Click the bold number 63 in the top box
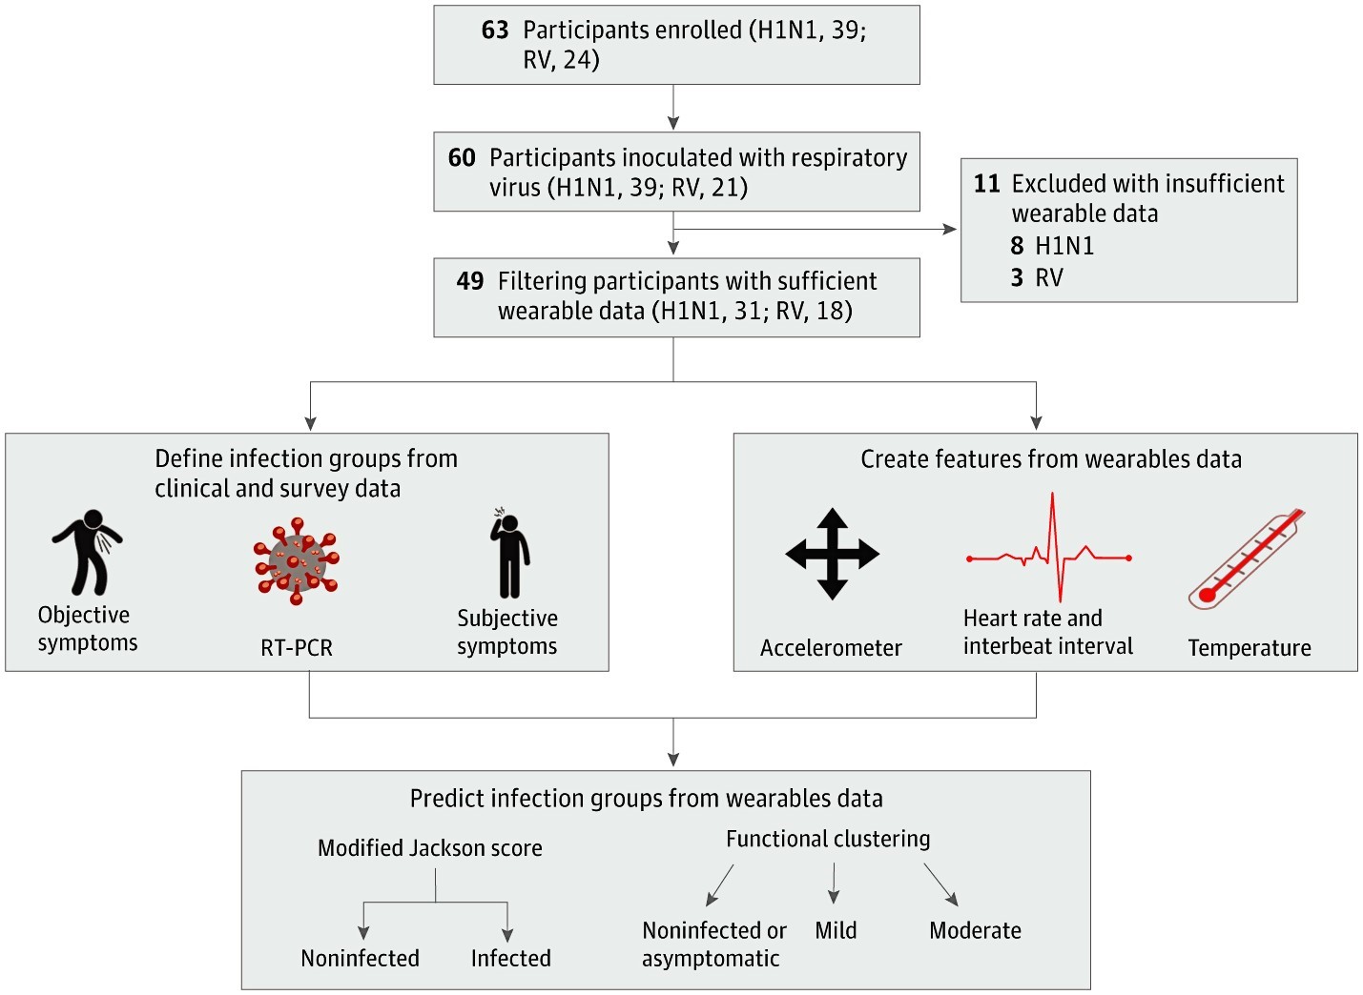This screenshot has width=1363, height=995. (495, 30)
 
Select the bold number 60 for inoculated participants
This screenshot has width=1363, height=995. (462, 158)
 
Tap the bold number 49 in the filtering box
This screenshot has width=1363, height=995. (469, 281)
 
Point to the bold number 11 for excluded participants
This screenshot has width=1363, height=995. (986, 184)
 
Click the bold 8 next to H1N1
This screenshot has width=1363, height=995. (1017, 246)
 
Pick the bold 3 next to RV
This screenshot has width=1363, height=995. (1017, 277)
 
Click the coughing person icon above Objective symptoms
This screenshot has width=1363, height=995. (88, 552)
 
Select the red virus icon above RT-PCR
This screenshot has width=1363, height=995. (297, 561)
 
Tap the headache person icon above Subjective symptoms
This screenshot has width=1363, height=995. (510, 552)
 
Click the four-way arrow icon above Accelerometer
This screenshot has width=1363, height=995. (832, 554)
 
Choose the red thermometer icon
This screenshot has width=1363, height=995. (1246, 558)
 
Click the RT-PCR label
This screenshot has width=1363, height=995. (297, 648)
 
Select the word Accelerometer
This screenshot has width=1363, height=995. (831, 648)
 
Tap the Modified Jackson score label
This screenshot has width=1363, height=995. (429, 848)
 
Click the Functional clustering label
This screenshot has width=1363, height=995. (828, 840)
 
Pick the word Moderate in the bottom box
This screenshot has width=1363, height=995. (975, 930)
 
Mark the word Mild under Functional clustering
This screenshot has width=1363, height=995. (836, 930)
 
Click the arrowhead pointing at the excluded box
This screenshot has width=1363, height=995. (950, 229)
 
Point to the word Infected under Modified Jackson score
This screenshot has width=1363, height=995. (510, 959)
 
